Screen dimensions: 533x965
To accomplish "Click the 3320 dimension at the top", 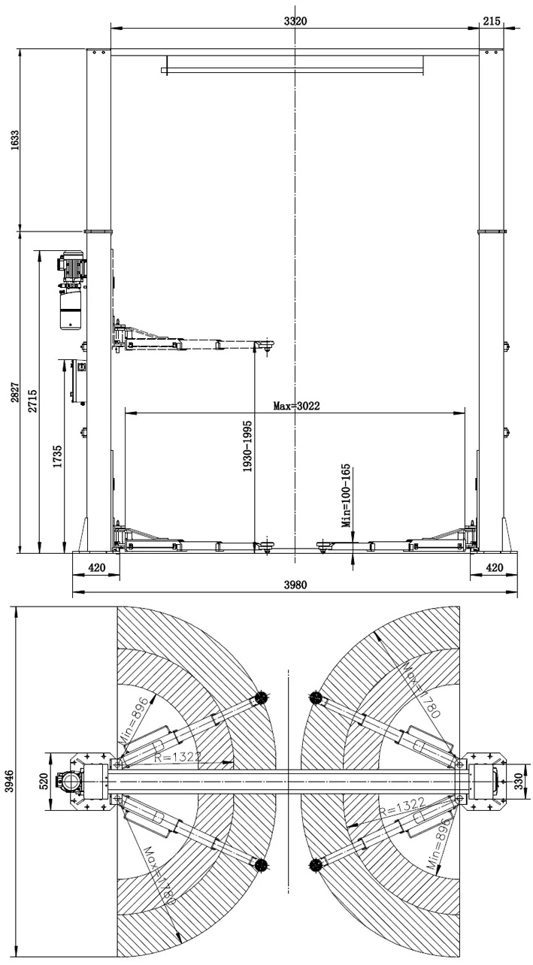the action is pyautogui.click(x=295, y=21).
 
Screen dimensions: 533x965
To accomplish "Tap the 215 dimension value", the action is pyautogui.click(x=492, y=21).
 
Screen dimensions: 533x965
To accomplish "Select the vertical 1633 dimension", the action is pyautogui.click(x=15, y=140).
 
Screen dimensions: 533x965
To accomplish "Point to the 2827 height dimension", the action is pyautogui.click(x=15, y=392).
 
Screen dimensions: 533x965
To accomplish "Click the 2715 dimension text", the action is pyautogui.click(x=33, y=401).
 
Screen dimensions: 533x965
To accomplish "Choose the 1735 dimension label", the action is pyautogui.click(x=57, y=457).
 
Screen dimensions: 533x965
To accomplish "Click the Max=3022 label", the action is pyautogui.click(x=296, y=406).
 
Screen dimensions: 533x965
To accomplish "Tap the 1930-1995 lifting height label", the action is pyautogui.click(x=247, y=446).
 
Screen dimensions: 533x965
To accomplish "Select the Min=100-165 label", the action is pyautogui.click(x=346, y=495).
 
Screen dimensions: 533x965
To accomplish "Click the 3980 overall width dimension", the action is pyautogui.click(x=295, y=585).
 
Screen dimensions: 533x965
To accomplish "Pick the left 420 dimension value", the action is pyautogui.click(x=96, y=567).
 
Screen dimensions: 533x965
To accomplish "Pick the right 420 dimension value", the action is pyautogui.click(x=494, y=567).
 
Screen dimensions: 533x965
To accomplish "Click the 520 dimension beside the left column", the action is pyautogui.click(x=43, y=780).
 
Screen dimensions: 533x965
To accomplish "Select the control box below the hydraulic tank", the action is pyautogui.click(x=78, y=381).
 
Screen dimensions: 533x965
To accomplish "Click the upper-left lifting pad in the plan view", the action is pyautogui.click(x=261, y=697).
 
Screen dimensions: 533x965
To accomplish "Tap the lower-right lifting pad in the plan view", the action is pyautogui.click(x=316, y=864).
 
